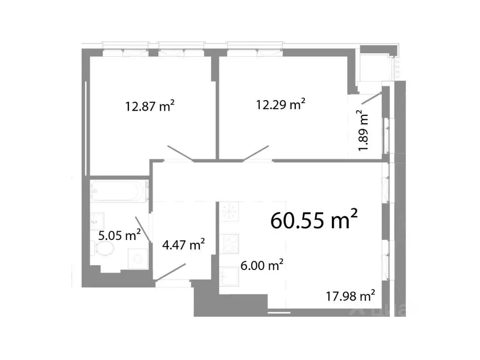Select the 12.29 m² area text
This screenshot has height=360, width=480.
[281, 104]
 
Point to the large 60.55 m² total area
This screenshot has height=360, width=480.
[315, 219]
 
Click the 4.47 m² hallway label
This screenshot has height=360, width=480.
[183, 245]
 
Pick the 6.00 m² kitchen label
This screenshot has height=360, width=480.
[261, 266]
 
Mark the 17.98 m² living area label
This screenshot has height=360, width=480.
[350, 296]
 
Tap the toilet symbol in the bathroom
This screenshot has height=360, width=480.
[105, 248]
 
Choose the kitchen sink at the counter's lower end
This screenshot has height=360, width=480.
[230, 277]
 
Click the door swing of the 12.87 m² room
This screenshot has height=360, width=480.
[180, 154]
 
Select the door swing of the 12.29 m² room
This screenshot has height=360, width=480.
[256, 153]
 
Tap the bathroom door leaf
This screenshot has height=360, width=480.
[143, 229]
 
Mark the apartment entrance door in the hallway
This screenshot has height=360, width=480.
[171, 273]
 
